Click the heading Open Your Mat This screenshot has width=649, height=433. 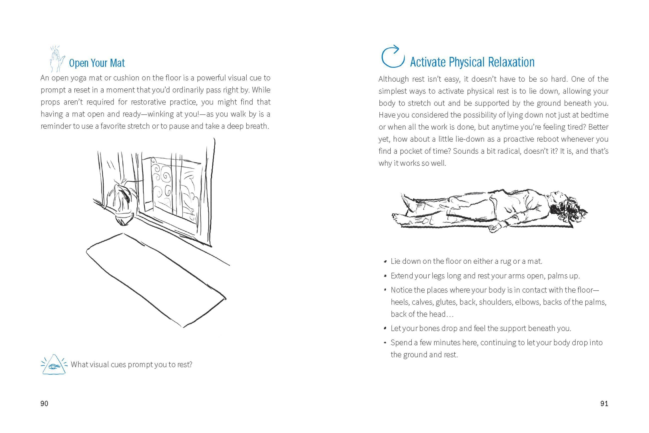pos(97,63)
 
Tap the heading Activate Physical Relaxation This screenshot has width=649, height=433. pos(472,62)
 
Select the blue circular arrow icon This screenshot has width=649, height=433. pos(393,57)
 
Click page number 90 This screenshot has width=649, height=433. pos(44,404)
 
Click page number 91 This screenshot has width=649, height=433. pos(604,404)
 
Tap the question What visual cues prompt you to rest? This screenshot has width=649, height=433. pos(131,365)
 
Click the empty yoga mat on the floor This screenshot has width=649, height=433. pos(156,279)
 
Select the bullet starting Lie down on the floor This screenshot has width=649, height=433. pos(466,261)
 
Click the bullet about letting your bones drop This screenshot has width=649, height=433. pos(481,328)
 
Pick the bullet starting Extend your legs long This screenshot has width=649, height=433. pos(485,276)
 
